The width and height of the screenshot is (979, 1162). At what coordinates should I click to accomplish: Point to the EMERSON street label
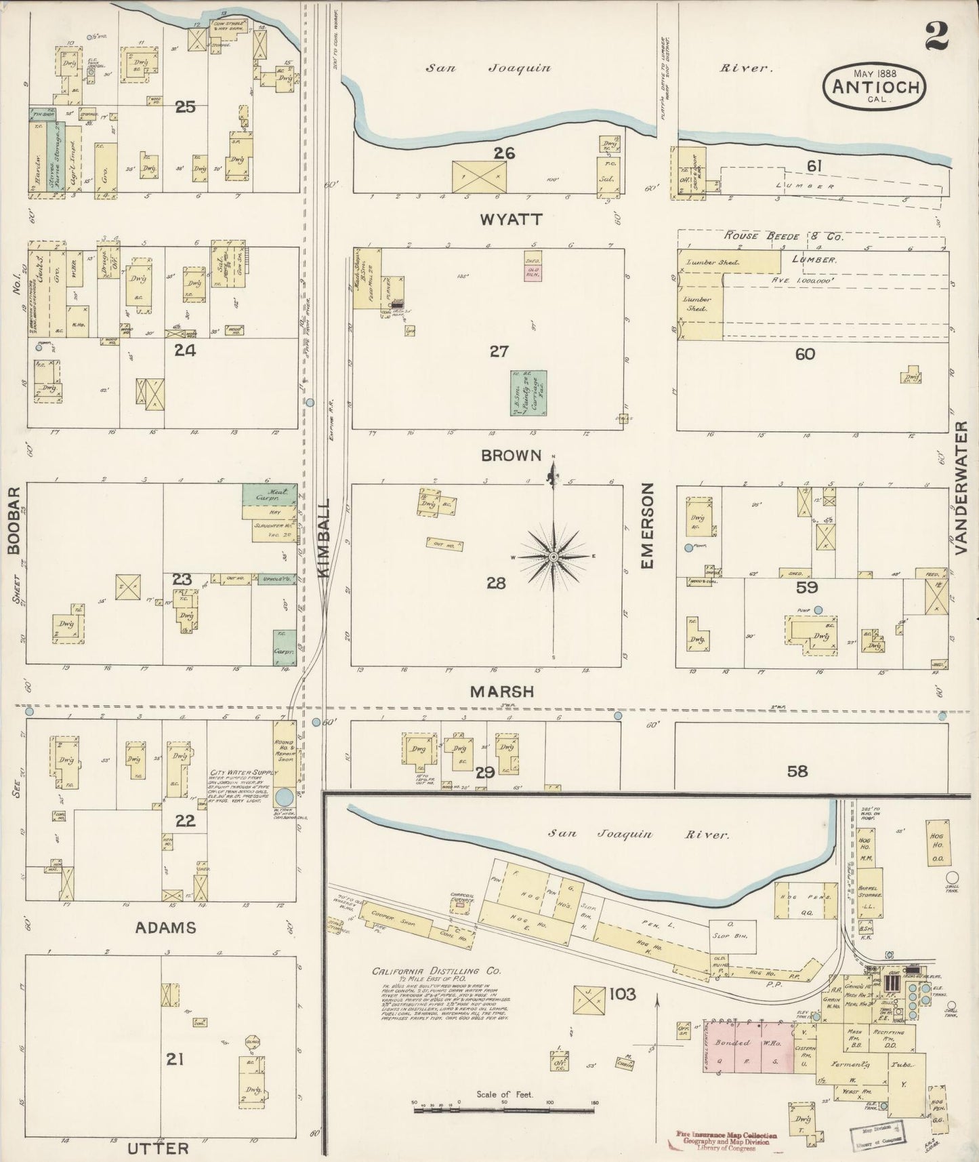(647, 526)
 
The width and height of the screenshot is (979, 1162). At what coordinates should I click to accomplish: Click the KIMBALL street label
(323, 539)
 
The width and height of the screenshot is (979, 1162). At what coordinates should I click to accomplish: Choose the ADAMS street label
(166, 927)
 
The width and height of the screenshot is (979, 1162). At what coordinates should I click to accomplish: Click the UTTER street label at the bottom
(157, 1148)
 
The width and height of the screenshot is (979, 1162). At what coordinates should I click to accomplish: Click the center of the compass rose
(553, 557)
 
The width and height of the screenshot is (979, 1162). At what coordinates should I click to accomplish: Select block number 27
(500, 351)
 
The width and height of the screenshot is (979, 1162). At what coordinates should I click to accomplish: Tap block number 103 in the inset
(622, 994)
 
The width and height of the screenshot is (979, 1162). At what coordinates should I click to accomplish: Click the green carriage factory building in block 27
(528, 393)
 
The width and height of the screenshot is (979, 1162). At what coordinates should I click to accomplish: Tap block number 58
(798, 771)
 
